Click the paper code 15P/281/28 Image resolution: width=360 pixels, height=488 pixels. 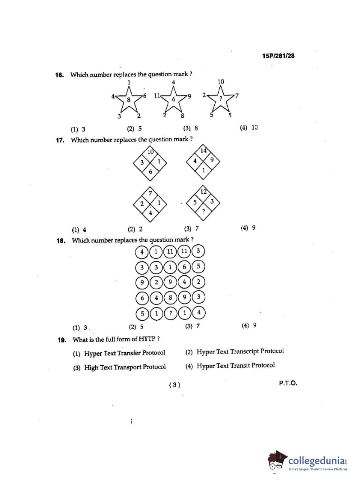(278, 56)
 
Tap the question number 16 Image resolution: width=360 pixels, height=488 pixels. (59, 75)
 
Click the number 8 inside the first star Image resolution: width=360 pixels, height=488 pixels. (128, 100)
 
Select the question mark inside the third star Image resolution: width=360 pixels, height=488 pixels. (221, 98)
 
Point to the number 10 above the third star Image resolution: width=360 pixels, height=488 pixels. (220, 82)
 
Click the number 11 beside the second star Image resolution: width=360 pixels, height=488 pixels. (157, 96)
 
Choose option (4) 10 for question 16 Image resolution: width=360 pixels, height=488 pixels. (249, 127)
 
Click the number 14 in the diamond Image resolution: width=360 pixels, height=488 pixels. (204, 150)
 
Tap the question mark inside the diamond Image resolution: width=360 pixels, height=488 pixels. (204, 211)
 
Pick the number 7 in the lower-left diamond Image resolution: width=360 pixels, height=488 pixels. (150, 193)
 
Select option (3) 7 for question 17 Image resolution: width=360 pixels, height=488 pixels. (191, 228)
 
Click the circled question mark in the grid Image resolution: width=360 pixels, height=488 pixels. (170, 313)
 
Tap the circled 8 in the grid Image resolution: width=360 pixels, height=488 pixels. (170, 298)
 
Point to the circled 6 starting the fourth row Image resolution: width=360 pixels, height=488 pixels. (142, 298)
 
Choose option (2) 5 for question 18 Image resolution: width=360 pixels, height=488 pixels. (136, 327)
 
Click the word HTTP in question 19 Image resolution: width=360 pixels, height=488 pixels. (147, 339)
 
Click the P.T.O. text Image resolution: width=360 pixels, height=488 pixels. (288, 383)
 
